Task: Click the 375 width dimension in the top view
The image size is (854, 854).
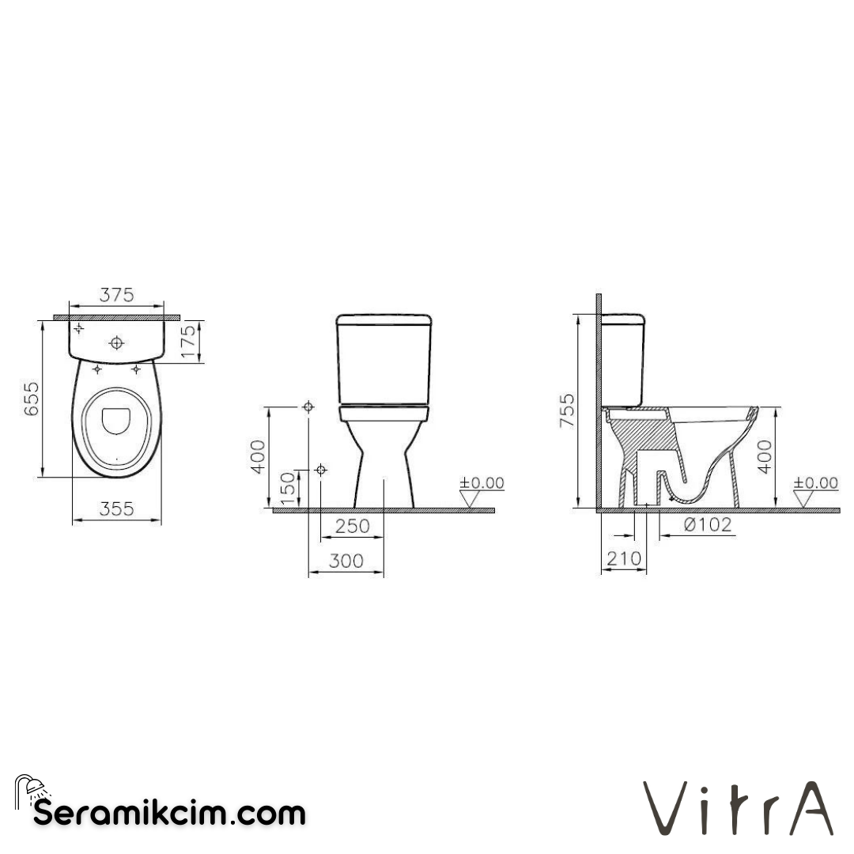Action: click(x=116, y=294)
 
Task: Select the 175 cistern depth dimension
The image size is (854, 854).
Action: click(x=188, y=342)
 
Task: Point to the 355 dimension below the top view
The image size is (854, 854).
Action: click(x=116, y=510)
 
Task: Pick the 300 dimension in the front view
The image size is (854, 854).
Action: click(x=346, y=561)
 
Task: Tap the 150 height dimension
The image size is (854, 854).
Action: click(x=288, y=487)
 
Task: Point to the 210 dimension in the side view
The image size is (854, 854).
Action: click(x=623, y=559)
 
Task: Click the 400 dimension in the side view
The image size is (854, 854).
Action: click(x=765, y=456)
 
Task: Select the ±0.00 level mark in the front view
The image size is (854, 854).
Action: click(x=482, y=483)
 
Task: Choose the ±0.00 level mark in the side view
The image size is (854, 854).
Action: click(x=816, y=483)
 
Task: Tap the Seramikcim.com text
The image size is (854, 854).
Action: click(x=169, y=812)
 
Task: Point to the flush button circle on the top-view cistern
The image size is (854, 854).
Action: click(x=117, y=343)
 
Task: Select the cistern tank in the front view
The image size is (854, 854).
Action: click(x=384, y=360)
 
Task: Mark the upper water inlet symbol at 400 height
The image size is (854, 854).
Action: click(x=308, y=406)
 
